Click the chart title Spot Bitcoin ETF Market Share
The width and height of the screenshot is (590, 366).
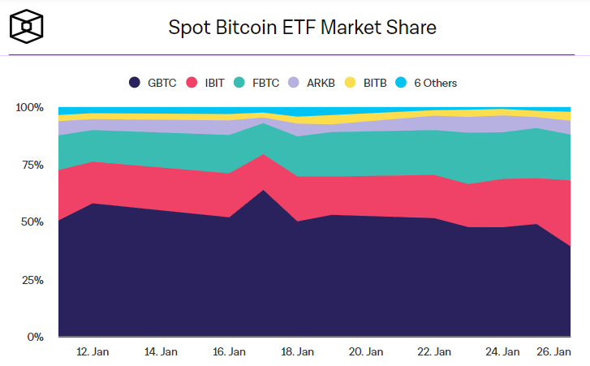pos(302,28)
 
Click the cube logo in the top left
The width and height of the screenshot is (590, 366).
pos(28,27)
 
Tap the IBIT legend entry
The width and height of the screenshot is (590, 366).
pos(206,83)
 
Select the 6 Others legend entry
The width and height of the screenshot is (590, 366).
pos(429,83)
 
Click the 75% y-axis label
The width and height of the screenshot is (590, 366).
pos(32,165)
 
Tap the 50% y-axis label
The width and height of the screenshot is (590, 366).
pos(32,222)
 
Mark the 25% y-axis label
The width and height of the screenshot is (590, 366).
pos(32,280)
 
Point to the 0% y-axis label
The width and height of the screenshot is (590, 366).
pos(35,337)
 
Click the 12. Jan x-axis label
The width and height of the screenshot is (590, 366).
pos(93,352)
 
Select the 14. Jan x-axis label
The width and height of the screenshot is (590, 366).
pos(161,352)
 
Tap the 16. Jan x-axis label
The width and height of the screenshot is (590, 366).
pos(229,352)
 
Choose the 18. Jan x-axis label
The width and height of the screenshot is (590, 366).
pos(297,352)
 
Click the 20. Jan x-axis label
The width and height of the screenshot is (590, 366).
pos(365,352)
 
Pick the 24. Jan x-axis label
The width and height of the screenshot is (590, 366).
pos(502,352)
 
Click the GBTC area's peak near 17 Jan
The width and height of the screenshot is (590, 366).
pos(263,191)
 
